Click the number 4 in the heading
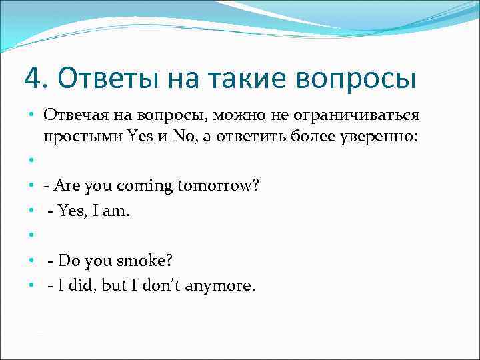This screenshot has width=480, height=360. tap(31, 78)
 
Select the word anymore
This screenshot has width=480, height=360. tap(222, 286)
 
